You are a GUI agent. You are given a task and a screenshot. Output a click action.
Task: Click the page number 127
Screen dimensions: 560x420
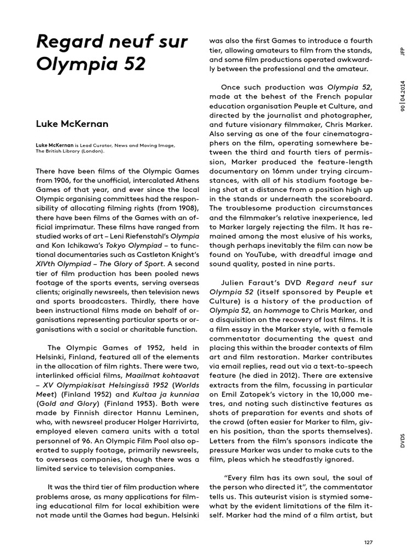(x=368, y=542)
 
